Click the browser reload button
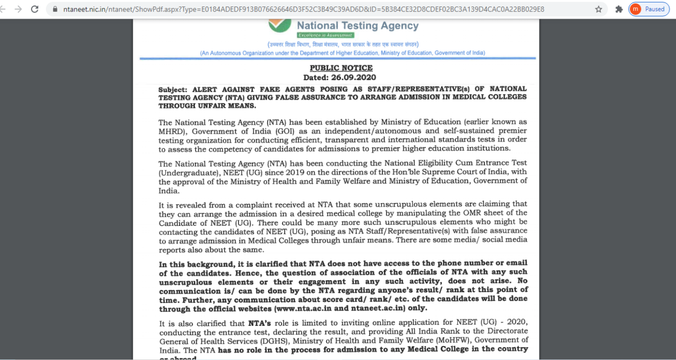35,9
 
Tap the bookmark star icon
598,9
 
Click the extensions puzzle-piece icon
619,9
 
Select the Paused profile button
649,9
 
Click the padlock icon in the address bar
55,9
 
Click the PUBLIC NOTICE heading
341,68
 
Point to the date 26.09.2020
353,77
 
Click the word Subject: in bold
173,90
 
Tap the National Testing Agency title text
357,26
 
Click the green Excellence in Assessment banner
325,35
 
